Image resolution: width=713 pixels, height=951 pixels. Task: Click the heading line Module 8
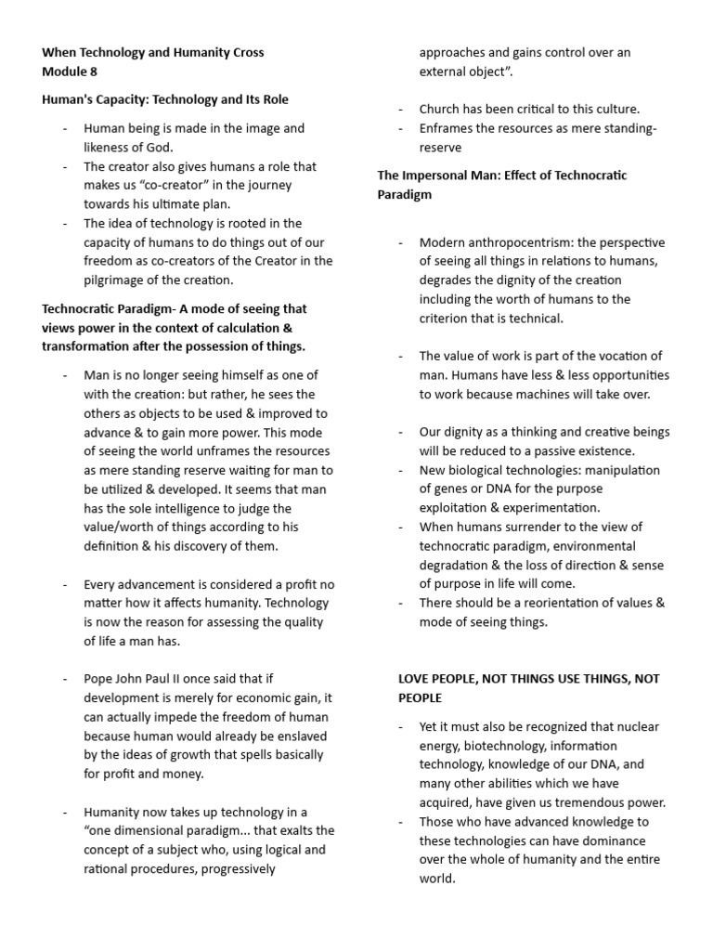pyautogui.click(x=70, y=71)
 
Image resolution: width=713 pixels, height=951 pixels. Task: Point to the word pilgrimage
pyautogui.click(x=118, y=280)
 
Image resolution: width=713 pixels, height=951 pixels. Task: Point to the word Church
pyautogui.click(x=440, y=109)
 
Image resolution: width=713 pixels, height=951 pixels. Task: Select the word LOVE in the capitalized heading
pyautogui.click(x=415, y=679)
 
